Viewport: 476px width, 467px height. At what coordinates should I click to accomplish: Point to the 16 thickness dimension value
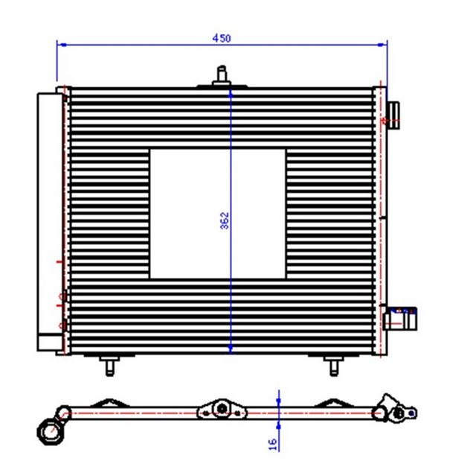click(272, 442)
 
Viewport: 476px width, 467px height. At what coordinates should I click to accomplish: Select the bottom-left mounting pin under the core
click(110, 366)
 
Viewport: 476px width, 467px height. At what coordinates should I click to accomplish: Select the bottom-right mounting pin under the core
click(332, 366)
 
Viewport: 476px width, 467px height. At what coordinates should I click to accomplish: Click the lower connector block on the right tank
click(402, 319)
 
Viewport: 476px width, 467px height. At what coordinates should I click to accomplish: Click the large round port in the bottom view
click(49, 430)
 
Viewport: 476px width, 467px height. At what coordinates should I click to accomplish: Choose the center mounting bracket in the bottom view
click(220, 410)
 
